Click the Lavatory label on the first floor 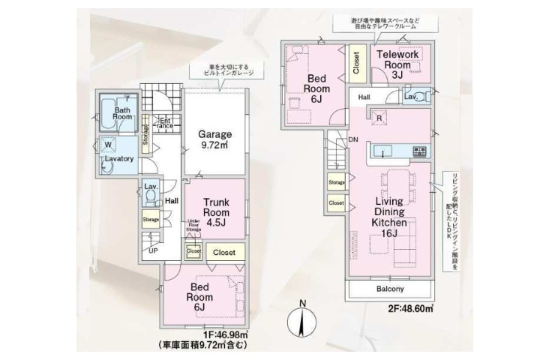118,160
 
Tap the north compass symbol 301,321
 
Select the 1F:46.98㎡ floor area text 211,334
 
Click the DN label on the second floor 352,139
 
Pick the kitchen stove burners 418,153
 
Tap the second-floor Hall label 364,97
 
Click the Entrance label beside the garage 164,122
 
